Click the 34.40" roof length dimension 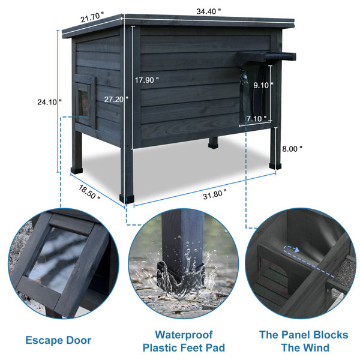(x=208, y=11)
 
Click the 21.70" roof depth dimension (x=92, y=17)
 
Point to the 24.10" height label (x=50, y=101)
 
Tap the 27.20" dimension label (x=116, y=99)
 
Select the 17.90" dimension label (x=146, y=80)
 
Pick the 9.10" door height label (x=263, y=85)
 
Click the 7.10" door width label (x=257, y=118)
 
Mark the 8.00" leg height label (x=292, y=149)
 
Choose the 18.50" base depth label (x=89, y=192)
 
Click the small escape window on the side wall (x=85, y=101)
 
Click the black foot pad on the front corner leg (x=127, y=199)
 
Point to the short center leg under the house (x=213, y=143)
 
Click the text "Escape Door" (x=58, y=340)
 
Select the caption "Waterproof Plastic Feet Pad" (x=184, y=341)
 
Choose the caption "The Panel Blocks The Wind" (x=304, y=341)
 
